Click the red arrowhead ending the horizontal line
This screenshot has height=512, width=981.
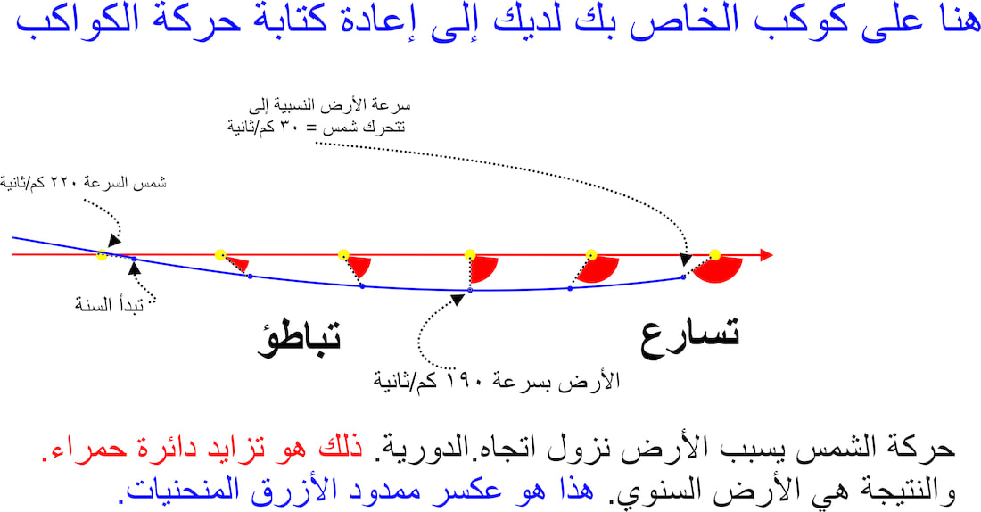[x=766, y=255]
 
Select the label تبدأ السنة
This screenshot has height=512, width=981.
[x=109, y=305]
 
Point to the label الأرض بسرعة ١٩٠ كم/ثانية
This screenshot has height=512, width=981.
[x=496, y=380]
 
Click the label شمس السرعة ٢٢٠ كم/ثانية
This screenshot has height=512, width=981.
[x=83, y=183]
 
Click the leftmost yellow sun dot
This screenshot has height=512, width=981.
[x=102, y=255]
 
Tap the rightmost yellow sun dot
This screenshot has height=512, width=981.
[x=714, y=255]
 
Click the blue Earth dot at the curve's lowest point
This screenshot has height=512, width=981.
[x=470, y=291]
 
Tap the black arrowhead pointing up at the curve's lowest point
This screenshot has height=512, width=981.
[x=458, y=300]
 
